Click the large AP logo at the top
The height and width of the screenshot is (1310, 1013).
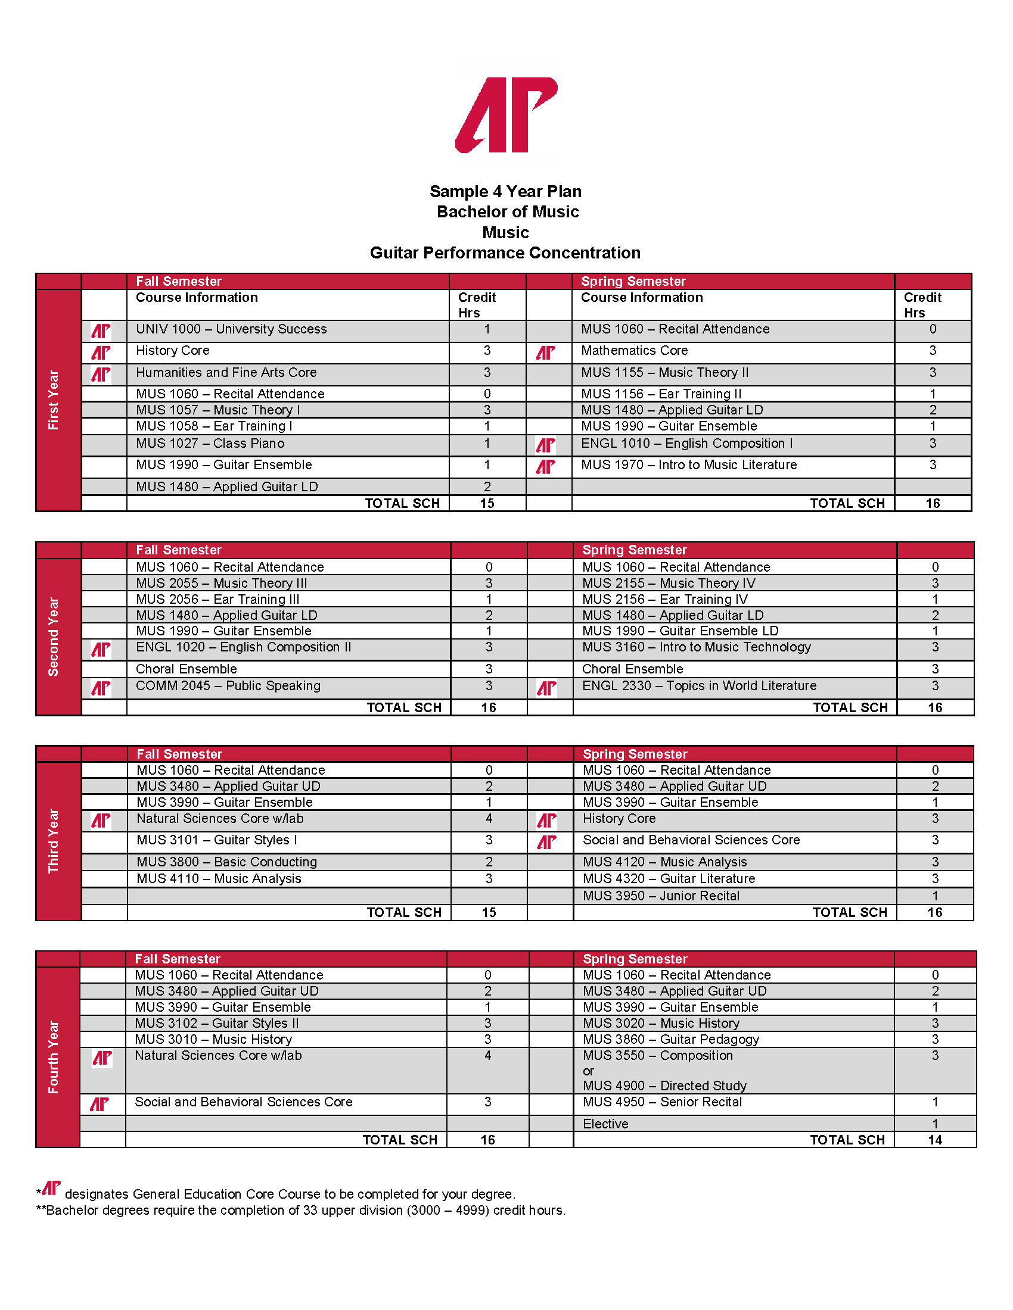[x=506, y=114]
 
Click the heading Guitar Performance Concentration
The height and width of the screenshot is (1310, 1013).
[x=505, y=253]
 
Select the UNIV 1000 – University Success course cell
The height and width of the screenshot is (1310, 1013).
[x=231, y=329]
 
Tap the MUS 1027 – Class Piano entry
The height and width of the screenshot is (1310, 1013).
[x=210, y=444]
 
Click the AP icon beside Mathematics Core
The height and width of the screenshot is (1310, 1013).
[x=545, y=353]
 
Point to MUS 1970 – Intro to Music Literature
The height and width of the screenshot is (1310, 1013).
[x=688, y=465]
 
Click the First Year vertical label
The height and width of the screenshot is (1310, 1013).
[x=54, y=400]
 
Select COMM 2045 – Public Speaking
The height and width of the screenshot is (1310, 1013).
[x=228, y=685]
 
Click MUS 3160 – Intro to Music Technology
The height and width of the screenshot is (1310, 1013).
[x=696, y=647]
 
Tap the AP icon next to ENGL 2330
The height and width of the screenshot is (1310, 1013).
[x=546, y=688]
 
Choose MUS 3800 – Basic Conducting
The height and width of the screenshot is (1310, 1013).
[x=227, y=862]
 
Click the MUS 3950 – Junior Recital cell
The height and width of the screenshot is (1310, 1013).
[x=661, y=896]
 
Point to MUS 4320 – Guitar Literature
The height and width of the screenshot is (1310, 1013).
[x=669, y=879]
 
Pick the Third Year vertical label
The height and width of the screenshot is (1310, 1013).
[x=54, y=840]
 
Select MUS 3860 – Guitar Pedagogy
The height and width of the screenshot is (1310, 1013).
[x=670, y=1040]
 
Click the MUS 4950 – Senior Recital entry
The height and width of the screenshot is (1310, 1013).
[x=662, y=1102]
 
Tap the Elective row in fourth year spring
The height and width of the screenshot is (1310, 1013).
[x=605, y=1124]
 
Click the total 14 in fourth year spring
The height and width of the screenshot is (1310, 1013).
[x=934, y=1140]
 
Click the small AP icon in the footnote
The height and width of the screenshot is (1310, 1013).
[x=51, y=1189]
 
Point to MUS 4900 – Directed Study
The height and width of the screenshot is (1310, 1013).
[x=664, y=1086]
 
